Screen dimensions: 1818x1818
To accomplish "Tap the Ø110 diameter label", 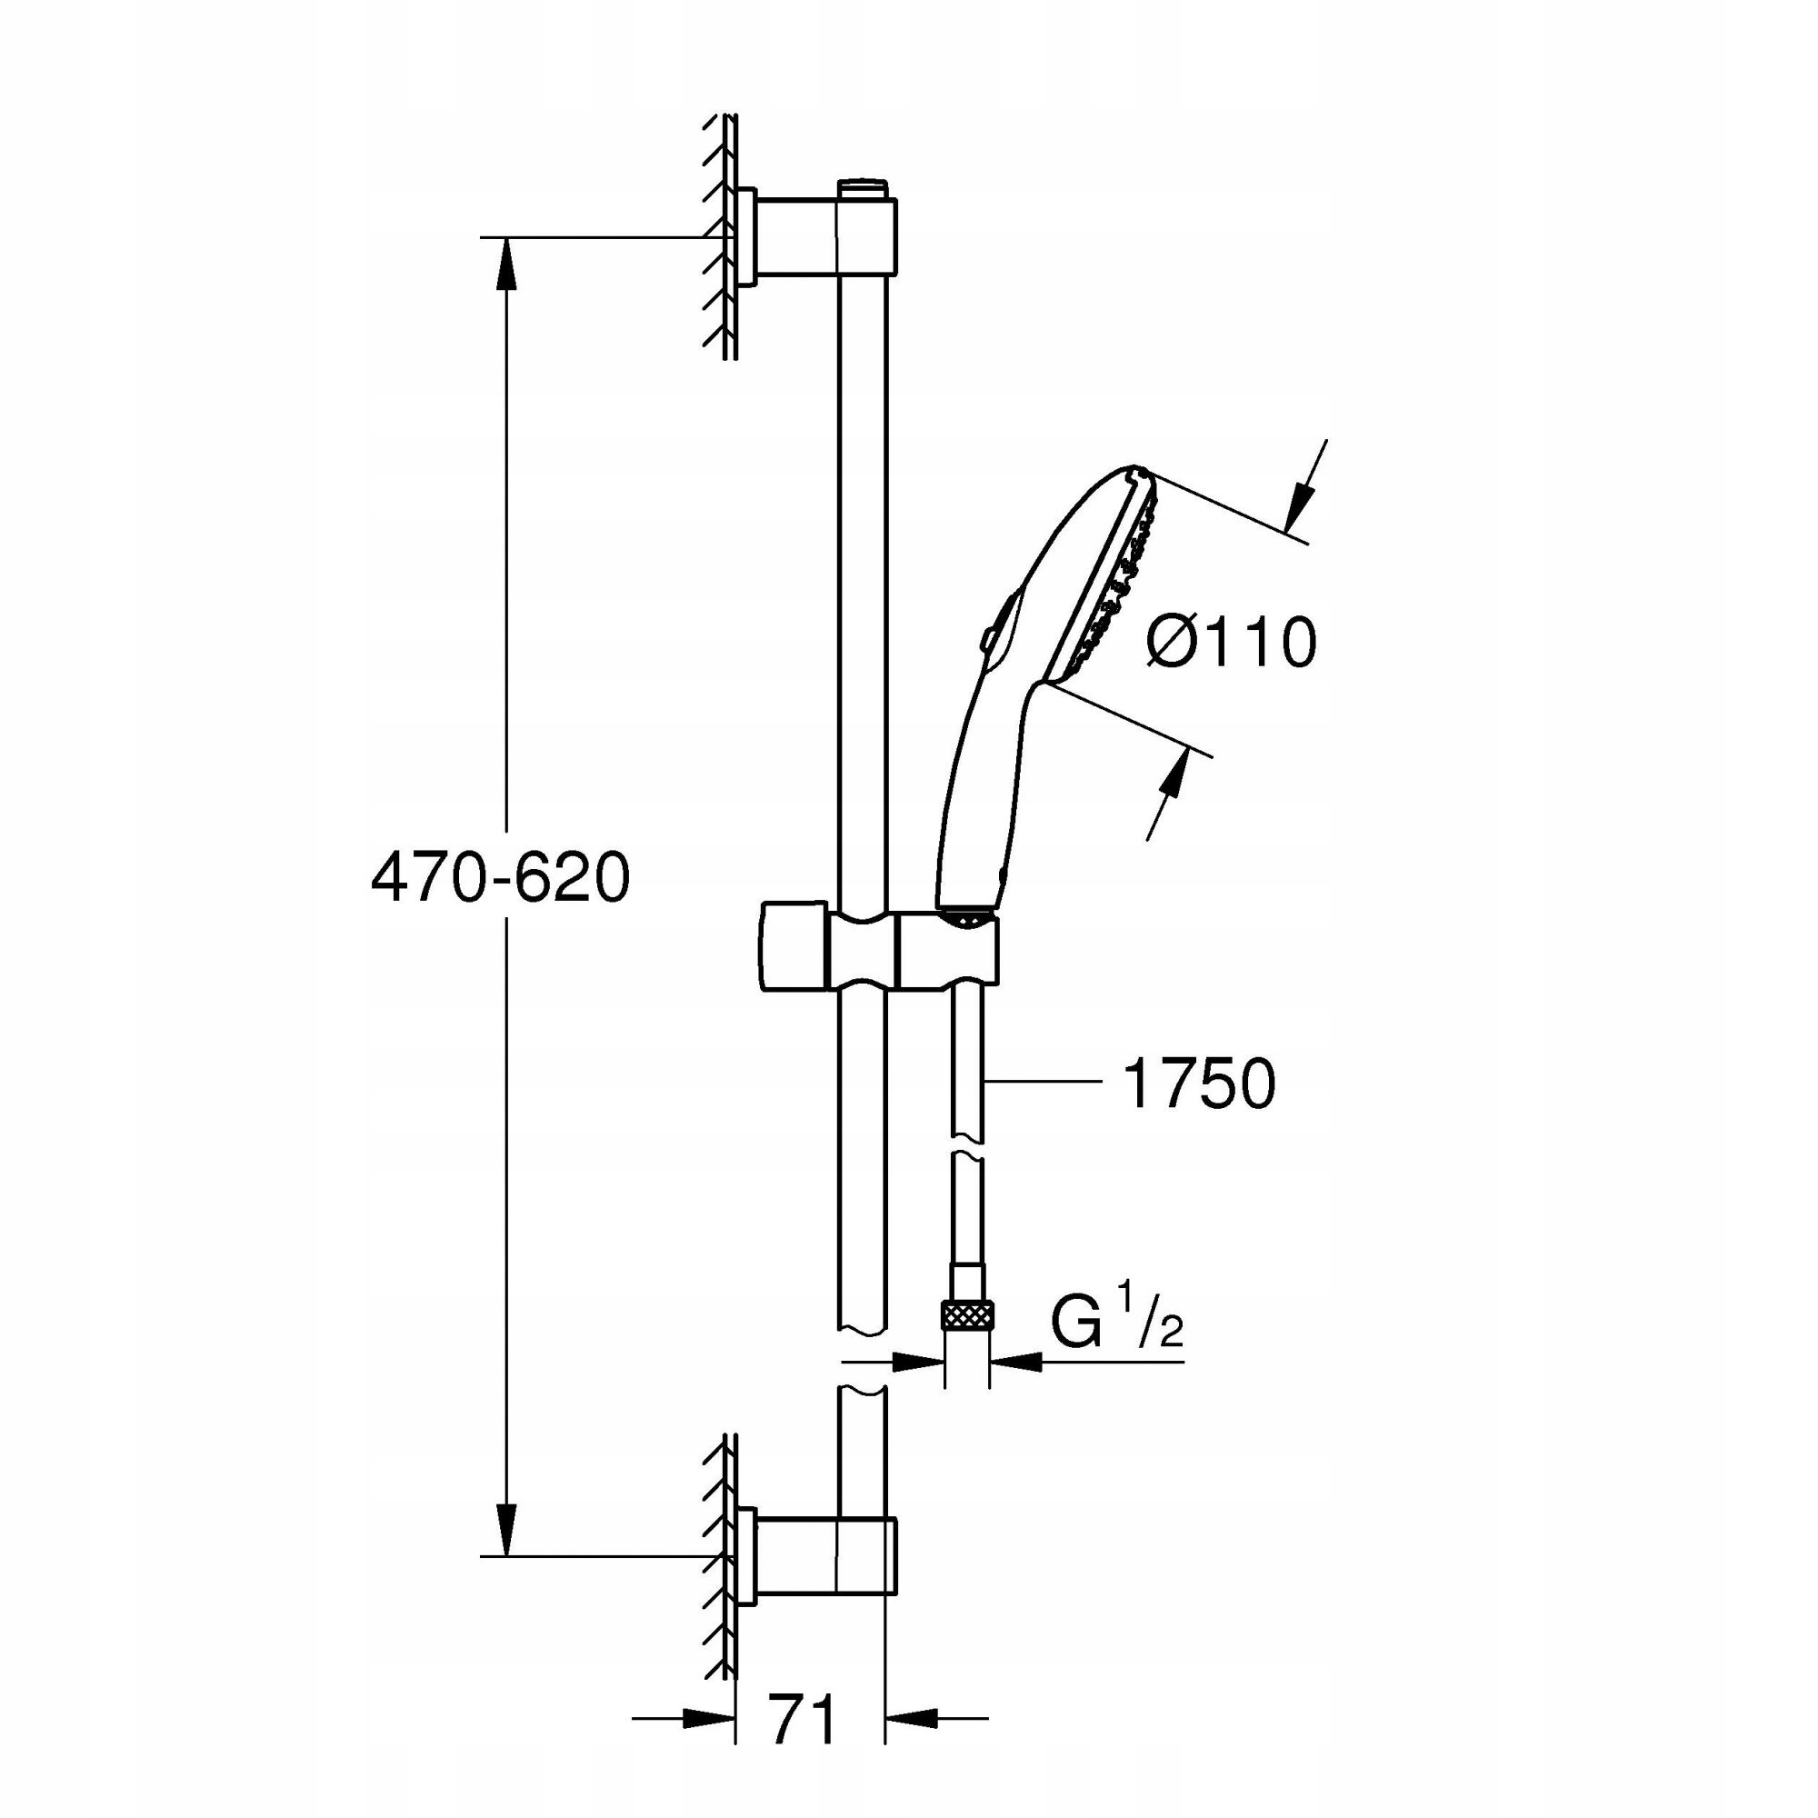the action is point(1232,644).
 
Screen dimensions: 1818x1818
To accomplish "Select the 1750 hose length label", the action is point(1199,1084).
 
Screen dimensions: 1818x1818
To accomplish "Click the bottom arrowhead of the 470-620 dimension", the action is point(507,1533).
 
